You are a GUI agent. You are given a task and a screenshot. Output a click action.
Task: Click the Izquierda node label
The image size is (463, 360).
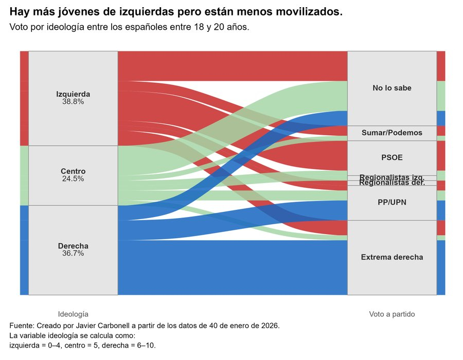73,94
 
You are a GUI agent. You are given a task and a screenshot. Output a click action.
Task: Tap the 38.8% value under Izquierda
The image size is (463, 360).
73,102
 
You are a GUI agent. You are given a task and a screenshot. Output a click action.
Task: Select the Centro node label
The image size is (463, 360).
73,171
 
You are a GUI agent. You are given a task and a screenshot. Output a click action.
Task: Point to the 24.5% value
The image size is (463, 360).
73,179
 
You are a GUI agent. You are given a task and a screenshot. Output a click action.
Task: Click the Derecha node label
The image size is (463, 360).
73,246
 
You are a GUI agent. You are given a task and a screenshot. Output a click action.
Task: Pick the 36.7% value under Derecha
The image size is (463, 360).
73,254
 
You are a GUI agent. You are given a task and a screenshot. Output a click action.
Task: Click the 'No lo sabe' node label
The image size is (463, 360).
392,88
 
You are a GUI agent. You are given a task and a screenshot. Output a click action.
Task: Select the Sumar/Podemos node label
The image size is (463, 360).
392,133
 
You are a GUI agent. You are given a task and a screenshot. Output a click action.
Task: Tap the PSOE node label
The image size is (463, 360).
392,157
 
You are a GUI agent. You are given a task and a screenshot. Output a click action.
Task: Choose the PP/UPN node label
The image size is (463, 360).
392,202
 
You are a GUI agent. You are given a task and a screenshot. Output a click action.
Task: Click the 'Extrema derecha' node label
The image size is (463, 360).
392,257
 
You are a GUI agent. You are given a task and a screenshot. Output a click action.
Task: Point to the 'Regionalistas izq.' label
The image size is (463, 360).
392,177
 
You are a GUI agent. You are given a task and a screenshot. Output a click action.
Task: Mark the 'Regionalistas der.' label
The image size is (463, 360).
392,183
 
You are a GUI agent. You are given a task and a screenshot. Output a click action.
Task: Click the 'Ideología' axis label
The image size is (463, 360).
73,314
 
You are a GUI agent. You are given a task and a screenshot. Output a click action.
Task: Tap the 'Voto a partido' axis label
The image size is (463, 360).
392,314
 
